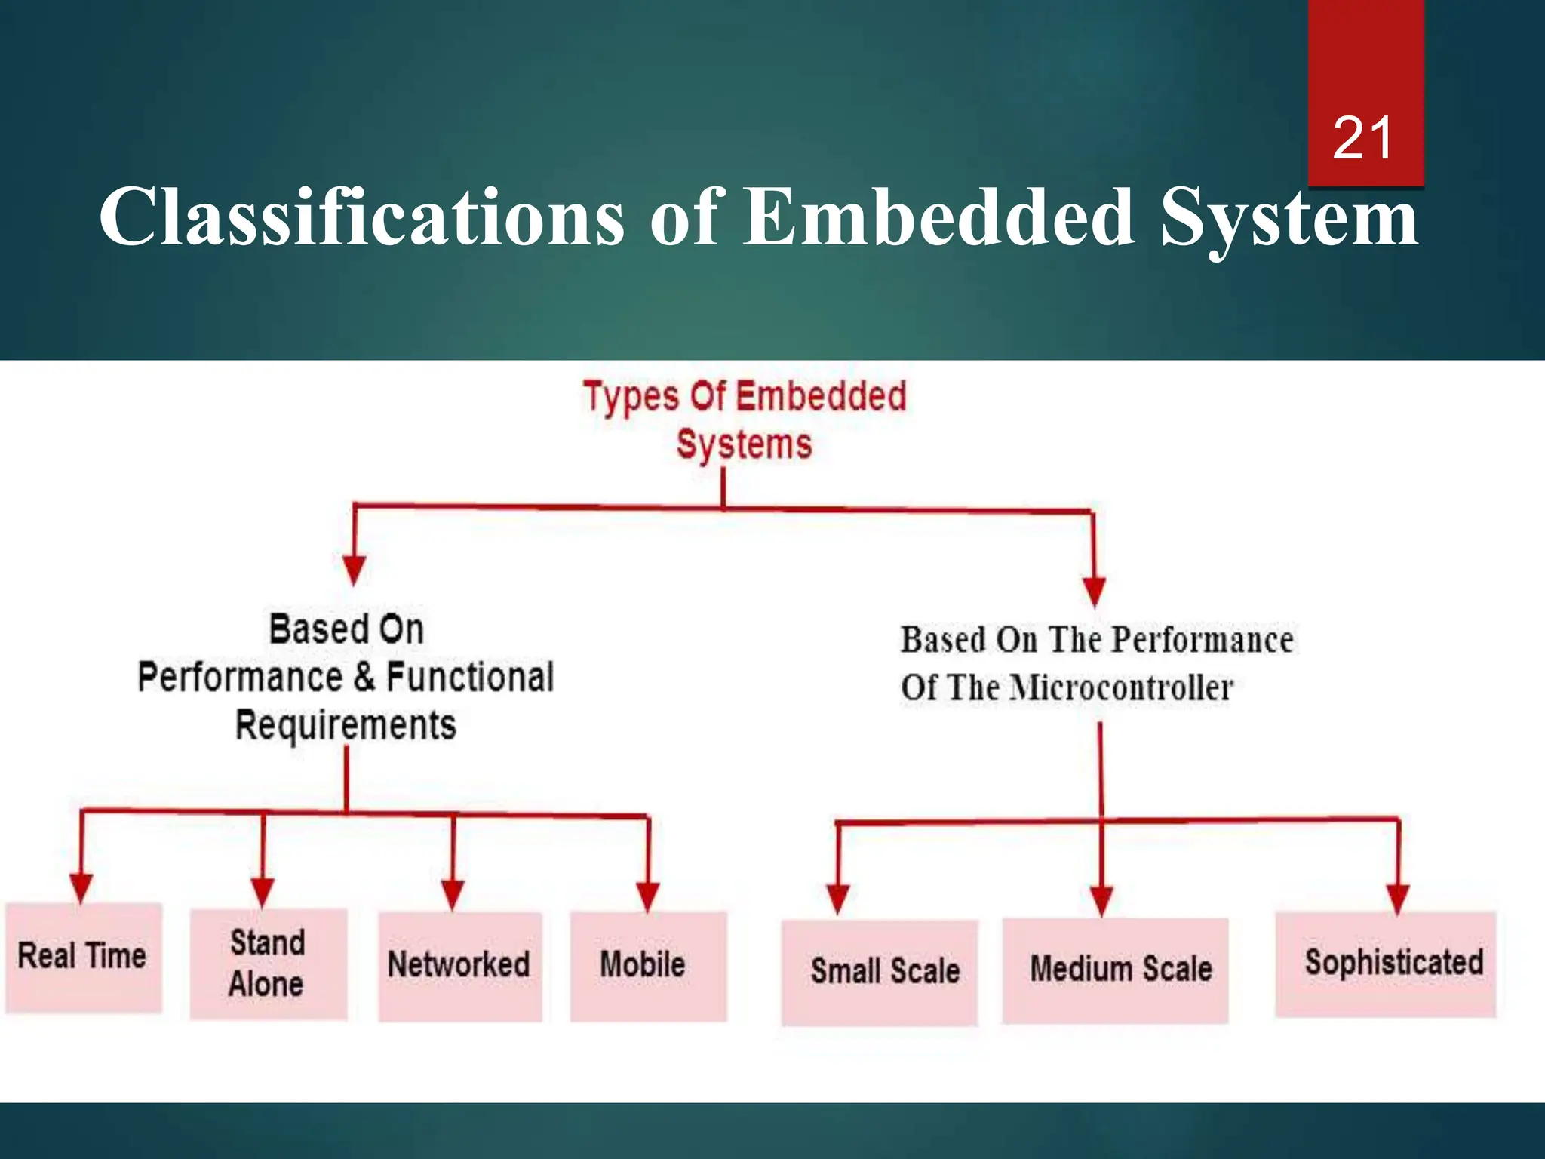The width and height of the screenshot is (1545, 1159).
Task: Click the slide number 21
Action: coord(1362,139)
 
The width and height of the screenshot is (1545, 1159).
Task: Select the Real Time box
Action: coord(83,957)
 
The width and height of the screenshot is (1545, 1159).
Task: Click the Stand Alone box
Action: coord(268,964)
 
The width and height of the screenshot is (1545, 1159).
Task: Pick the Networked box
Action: coord(459,966)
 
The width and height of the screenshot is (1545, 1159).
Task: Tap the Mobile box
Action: coord(647,966)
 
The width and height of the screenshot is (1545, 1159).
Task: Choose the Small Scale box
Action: coord(879,972)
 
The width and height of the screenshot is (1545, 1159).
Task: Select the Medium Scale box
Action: coord(1115,970)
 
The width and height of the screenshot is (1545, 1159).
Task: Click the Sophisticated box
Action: coord(1385,964)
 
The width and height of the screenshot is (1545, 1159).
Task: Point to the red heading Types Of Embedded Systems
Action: coord(744,420)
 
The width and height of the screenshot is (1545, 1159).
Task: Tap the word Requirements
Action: coord(346,725)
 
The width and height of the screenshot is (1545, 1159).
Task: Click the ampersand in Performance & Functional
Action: coord(364,676)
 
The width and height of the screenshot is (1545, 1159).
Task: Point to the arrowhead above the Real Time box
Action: coord(81,887)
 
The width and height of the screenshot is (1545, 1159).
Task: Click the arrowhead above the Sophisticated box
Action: coord(1398,898)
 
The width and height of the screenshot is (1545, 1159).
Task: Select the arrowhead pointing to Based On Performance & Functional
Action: coord(354,570)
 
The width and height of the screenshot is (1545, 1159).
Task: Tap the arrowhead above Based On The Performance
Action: coord(1094,591)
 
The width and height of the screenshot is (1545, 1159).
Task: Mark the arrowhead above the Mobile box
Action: coord(648,896)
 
